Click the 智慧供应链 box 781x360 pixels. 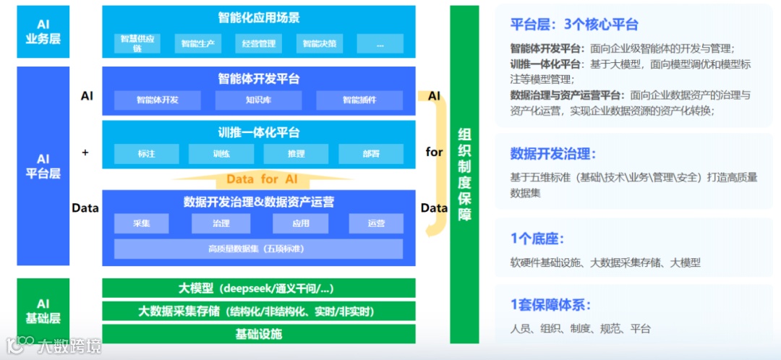point(137,43)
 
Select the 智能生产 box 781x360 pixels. point(197,43)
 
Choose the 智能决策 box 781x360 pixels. point(320,43)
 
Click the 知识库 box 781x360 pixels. point(258,100)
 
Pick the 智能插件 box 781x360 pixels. point(359,100)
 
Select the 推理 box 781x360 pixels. point(296,154)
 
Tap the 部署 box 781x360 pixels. point(370,154)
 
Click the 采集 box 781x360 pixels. point(141,223)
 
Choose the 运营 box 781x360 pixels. point(376,223)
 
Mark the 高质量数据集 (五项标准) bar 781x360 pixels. point(258,249)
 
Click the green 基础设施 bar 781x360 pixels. point(258,334)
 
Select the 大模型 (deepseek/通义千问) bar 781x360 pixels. point(258,288)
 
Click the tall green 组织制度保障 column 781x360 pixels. point(464,173)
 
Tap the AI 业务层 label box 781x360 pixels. point(43,32)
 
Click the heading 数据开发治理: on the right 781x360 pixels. point(553,153)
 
